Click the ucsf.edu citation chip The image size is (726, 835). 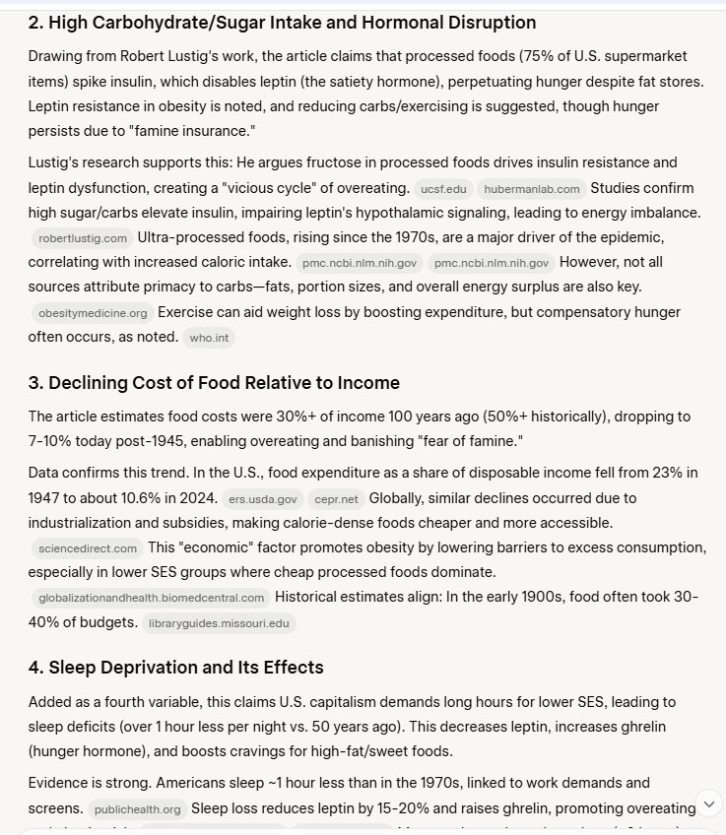[x=443, y=188]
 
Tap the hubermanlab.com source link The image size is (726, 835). [x=532, y=188]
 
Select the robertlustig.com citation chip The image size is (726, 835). [x=83, y=238]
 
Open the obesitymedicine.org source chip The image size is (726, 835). [x=93, y=313]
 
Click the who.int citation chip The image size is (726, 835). [x=209, y=338]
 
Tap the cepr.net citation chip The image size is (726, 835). [x=335, y=499]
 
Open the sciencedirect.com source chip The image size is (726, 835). [x=87, y=548]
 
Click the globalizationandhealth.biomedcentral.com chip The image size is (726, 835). [x=151, y=598]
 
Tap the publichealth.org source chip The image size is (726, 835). [x=137, y=809]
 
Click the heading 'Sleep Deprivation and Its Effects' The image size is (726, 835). [x=175, y=668]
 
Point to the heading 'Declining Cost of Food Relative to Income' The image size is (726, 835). [x=214, y=383]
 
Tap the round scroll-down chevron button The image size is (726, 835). [x=708, y=803]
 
